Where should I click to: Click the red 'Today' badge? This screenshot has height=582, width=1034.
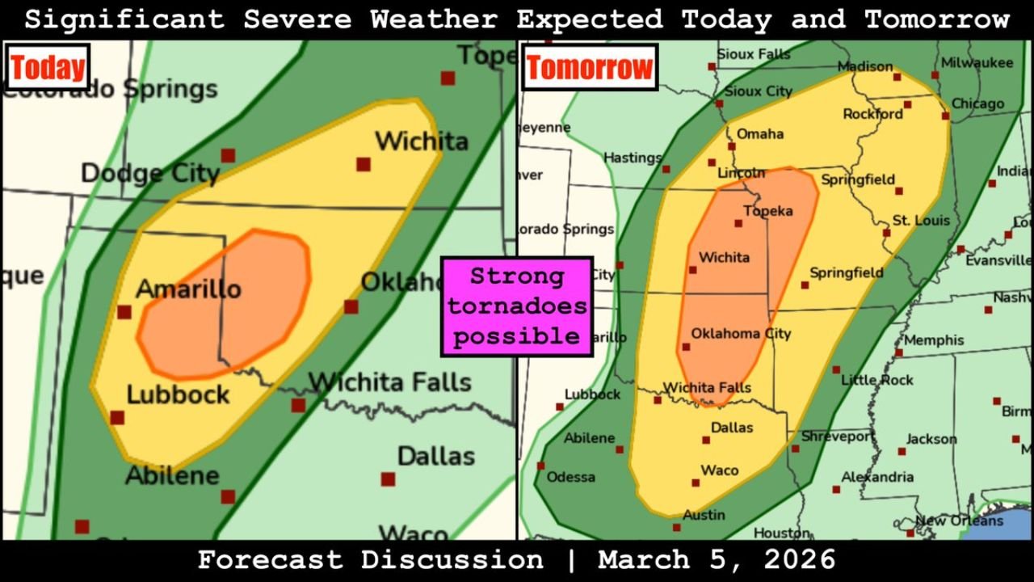[x=48, y=68]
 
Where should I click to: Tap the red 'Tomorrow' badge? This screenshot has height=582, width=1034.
[x=589, y=68]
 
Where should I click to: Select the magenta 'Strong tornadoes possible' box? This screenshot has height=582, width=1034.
[x=517, y=306]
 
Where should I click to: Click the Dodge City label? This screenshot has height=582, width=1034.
[x=149, y=173]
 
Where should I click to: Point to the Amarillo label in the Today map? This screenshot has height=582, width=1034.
[x=188, y=289]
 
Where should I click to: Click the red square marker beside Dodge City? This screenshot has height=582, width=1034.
[x=229, y=155]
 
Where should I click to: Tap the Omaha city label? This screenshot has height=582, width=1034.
[x=760, y=133]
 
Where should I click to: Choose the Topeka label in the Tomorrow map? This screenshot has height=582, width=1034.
[x=767, y=211]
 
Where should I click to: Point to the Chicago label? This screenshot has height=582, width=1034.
[x=977, y=103]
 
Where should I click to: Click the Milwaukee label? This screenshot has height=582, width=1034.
[x=977, y=62]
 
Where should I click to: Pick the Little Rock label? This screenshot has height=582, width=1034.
[x=877, y=379]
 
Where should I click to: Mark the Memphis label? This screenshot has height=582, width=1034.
[x=934, y=340]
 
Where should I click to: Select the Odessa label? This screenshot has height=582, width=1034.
[x=570, y=477]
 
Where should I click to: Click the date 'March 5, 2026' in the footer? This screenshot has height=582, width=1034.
[x=717, y=559]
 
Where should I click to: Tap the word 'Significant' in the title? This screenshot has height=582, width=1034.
[x=124, y=19]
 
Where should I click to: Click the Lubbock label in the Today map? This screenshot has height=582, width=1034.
[x=178, y=394]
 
